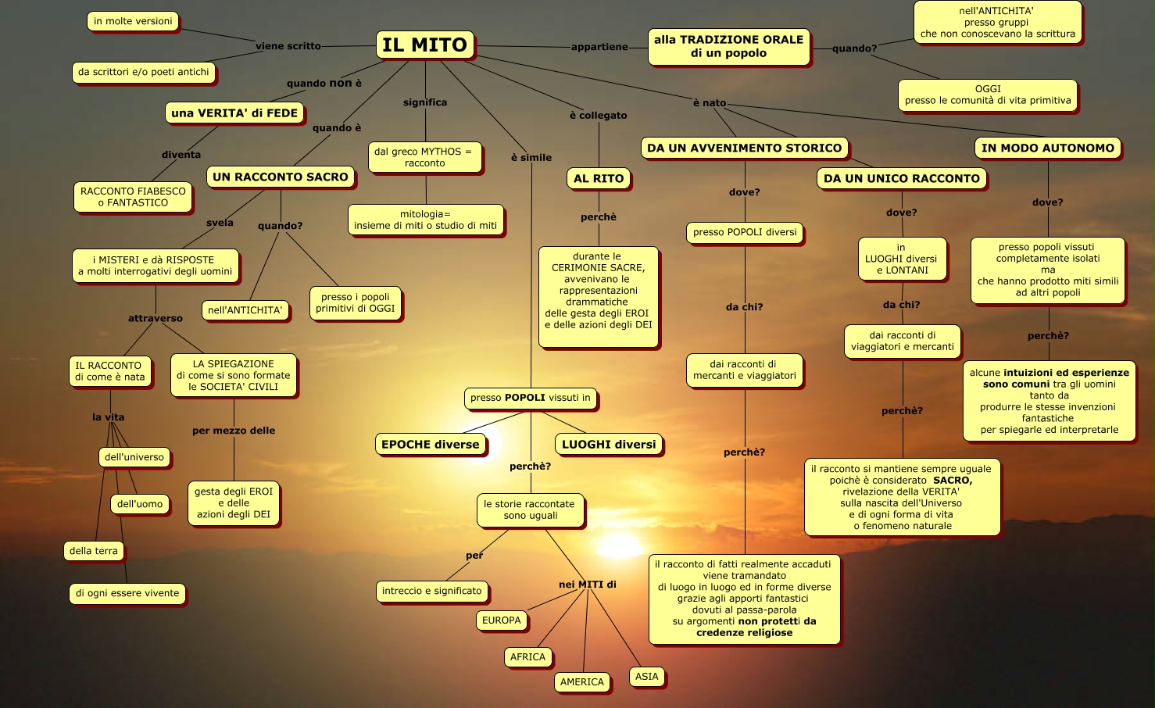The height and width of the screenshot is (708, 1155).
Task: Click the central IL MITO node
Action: (x=425, y=45)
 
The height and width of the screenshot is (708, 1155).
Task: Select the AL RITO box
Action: (x=599, y=179)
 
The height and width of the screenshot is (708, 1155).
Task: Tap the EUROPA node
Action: (x=501, y=620)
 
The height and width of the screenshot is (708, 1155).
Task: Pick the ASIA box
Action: (x=646, y=677)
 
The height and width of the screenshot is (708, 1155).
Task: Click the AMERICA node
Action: (x=581, y=682)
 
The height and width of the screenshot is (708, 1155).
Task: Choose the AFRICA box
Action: (x=527, y=657)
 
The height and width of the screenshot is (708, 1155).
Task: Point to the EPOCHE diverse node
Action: (x=430, y=445)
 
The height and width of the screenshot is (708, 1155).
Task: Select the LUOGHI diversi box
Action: (x=609, y=445)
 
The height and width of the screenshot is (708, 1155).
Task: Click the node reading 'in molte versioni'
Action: (x=133, y=21)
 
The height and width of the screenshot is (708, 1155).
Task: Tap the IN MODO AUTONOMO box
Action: (x=1047, y=148)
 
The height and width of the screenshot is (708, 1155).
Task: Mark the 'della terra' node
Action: (x=93, y=551)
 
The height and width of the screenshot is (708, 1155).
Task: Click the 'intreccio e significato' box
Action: (x=431, y=591)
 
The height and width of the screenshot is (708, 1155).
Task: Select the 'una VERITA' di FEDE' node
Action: (x=234, y=113)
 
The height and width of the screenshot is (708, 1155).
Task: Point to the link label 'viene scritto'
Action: (x=288, y=46)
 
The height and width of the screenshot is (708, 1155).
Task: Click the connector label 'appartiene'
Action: (x=599, y=47)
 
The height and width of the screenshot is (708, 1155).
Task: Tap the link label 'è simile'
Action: (x=531, y=158)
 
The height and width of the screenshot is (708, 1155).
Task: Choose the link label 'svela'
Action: (x=220, y=223)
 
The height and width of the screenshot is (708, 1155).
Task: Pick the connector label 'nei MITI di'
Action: (x=588, y=585)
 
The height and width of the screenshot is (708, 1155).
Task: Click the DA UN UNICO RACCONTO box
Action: (x=901, y=179)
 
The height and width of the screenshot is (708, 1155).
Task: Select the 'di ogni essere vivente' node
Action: (x=127, y=593)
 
